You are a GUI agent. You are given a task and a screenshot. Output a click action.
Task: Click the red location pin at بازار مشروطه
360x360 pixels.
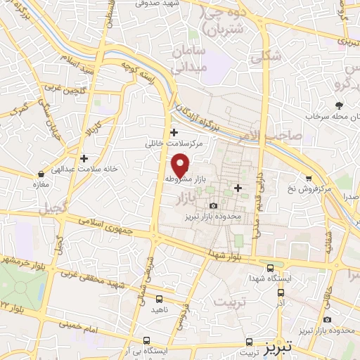[181, 165]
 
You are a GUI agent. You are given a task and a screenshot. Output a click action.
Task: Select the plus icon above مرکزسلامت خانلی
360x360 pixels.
[174, 132]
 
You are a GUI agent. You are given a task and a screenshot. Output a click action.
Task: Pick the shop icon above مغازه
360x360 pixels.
[43, 173]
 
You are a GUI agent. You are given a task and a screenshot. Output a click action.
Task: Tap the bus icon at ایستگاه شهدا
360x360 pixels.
[271, 267]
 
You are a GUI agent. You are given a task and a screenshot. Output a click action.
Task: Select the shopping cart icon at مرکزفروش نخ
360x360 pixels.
[307, 179]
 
